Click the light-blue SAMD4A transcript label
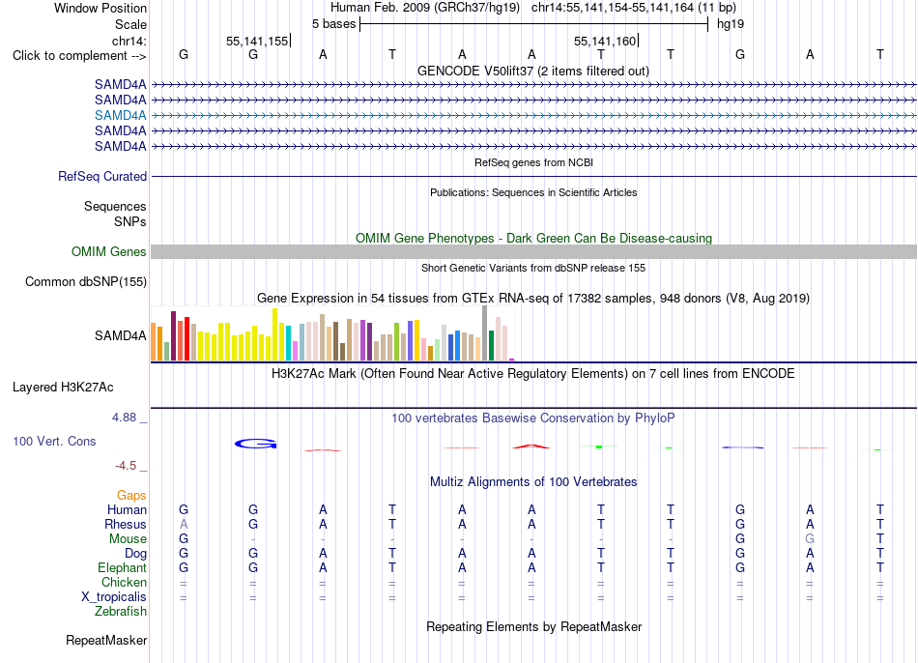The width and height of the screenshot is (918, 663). (121, 115)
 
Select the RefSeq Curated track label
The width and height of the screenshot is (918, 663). (102, 176)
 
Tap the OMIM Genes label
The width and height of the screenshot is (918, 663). (109, 252)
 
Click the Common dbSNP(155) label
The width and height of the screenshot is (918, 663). (86, 281)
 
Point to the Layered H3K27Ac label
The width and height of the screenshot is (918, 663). (63, 388)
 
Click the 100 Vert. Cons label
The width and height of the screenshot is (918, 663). (54, 441)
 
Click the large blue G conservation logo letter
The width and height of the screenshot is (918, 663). (256, 444)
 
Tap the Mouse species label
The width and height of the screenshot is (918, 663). (128, 539)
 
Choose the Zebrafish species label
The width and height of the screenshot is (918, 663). (121, 612)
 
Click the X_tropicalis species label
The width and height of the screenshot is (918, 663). (114, 597)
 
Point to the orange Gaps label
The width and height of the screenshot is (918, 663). (131, 496)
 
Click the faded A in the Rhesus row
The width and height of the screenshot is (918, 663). (184, 524)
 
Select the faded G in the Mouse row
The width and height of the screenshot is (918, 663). (810, 539)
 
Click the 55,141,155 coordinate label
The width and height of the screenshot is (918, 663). (257, 41)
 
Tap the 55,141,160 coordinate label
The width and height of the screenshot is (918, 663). (605, 41)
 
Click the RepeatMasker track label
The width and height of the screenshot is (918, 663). (106, 641)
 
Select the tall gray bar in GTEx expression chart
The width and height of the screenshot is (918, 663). (485, 333)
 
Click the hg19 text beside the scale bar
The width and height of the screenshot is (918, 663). (731, 24)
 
